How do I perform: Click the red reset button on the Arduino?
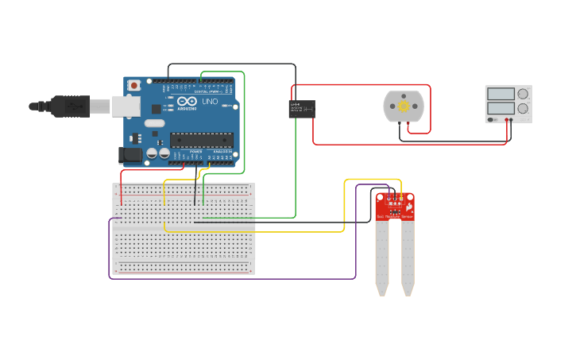[x=134, y=84]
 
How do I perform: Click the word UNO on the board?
[x=210, y=103]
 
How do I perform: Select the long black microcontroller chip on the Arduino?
[x=201, y=140]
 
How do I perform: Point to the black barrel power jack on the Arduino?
[x=129, y=156]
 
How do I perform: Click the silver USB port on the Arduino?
[x=123, y=106]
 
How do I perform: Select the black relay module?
[x=301, y=109]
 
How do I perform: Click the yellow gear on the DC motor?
[x=404, y=106]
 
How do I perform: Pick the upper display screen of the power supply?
[x=501, y=94]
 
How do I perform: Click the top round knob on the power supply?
[x=522, y=94]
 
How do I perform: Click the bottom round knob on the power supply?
[x=522, y=108]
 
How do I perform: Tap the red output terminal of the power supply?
[x=508, y=120]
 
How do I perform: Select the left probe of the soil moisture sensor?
[x=382, y=254]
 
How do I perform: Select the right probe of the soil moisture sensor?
[x=408, y=254]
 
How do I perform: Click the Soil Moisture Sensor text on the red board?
[x=393, y=215]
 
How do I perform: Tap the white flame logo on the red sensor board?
[x=408, y=205]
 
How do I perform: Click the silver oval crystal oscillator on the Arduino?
[x=153, y=123]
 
